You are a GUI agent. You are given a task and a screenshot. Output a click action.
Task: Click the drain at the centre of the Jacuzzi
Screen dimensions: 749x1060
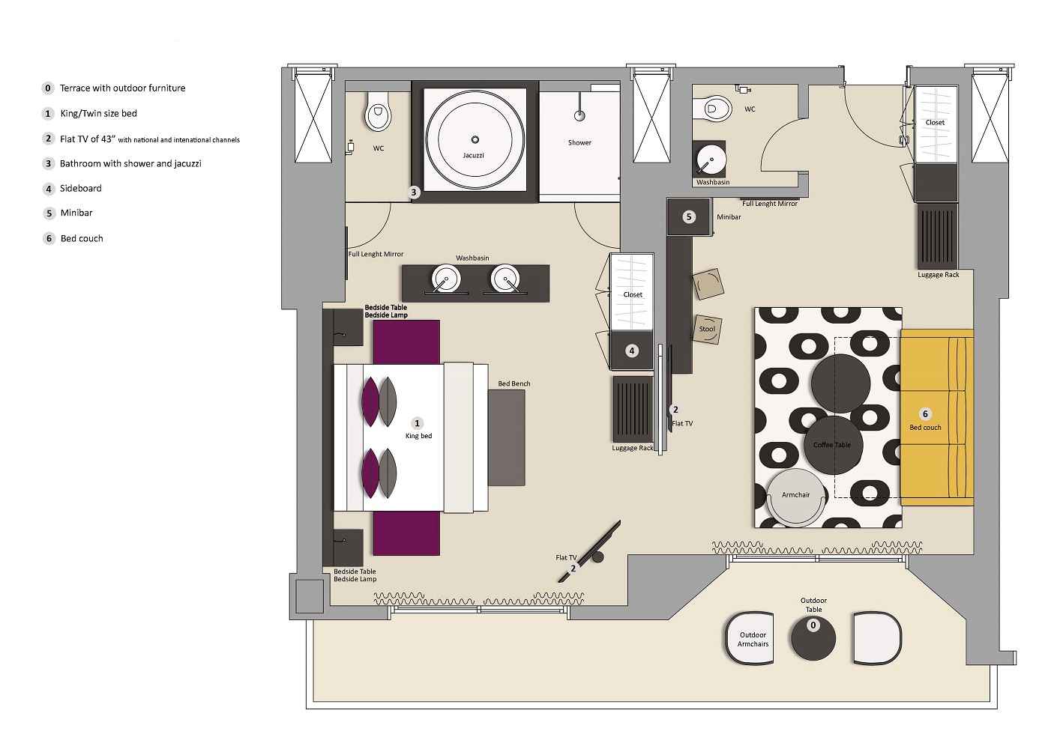click(x=475, y=139)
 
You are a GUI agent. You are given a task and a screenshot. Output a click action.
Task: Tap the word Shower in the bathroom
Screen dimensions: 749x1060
click(x=579, y=142)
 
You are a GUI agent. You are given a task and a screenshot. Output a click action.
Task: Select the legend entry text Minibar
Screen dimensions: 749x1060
click(x=76, y=213)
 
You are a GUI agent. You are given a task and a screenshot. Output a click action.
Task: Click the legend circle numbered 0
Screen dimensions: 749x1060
click(x=48, y=88)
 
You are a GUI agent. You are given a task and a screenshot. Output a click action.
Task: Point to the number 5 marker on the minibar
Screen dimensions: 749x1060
click(x=689, y=217)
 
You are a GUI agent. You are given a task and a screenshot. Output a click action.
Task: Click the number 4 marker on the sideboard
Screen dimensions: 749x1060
click(x=632, y=351)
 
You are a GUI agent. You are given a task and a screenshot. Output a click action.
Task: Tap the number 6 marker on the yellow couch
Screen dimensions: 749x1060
click(x=925, y=413)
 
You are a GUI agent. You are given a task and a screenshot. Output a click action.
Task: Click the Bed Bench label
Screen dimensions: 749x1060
click(x=514, y=384)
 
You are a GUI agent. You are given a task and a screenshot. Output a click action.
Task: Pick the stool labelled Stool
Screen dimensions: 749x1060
click(x=707, y=329)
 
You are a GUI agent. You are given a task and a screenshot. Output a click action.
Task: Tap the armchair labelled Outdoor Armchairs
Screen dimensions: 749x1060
click(x=753, y=639)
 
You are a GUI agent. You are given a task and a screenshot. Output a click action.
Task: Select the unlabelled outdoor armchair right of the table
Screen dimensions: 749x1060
click(x=876, y=638)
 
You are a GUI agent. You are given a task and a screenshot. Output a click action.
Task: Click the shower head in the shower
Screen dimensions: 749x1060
click(x=579, y=115)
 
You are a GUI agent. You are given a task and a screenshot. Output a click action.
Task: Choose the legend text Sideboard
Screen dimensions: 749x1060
click(x=80, y=189)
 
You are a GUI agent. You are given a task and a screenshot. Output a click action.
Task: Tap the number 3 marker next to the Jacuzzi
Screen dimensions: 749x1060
click(x=414, y=192)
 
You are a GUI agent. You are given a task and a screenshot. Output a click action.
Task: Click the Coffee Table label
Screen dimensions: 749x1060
click(x=832, y=445)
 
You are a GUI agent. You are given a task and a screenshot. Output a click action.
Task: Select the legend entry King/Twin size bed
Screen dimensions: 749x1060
click(x=98, y=114)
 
